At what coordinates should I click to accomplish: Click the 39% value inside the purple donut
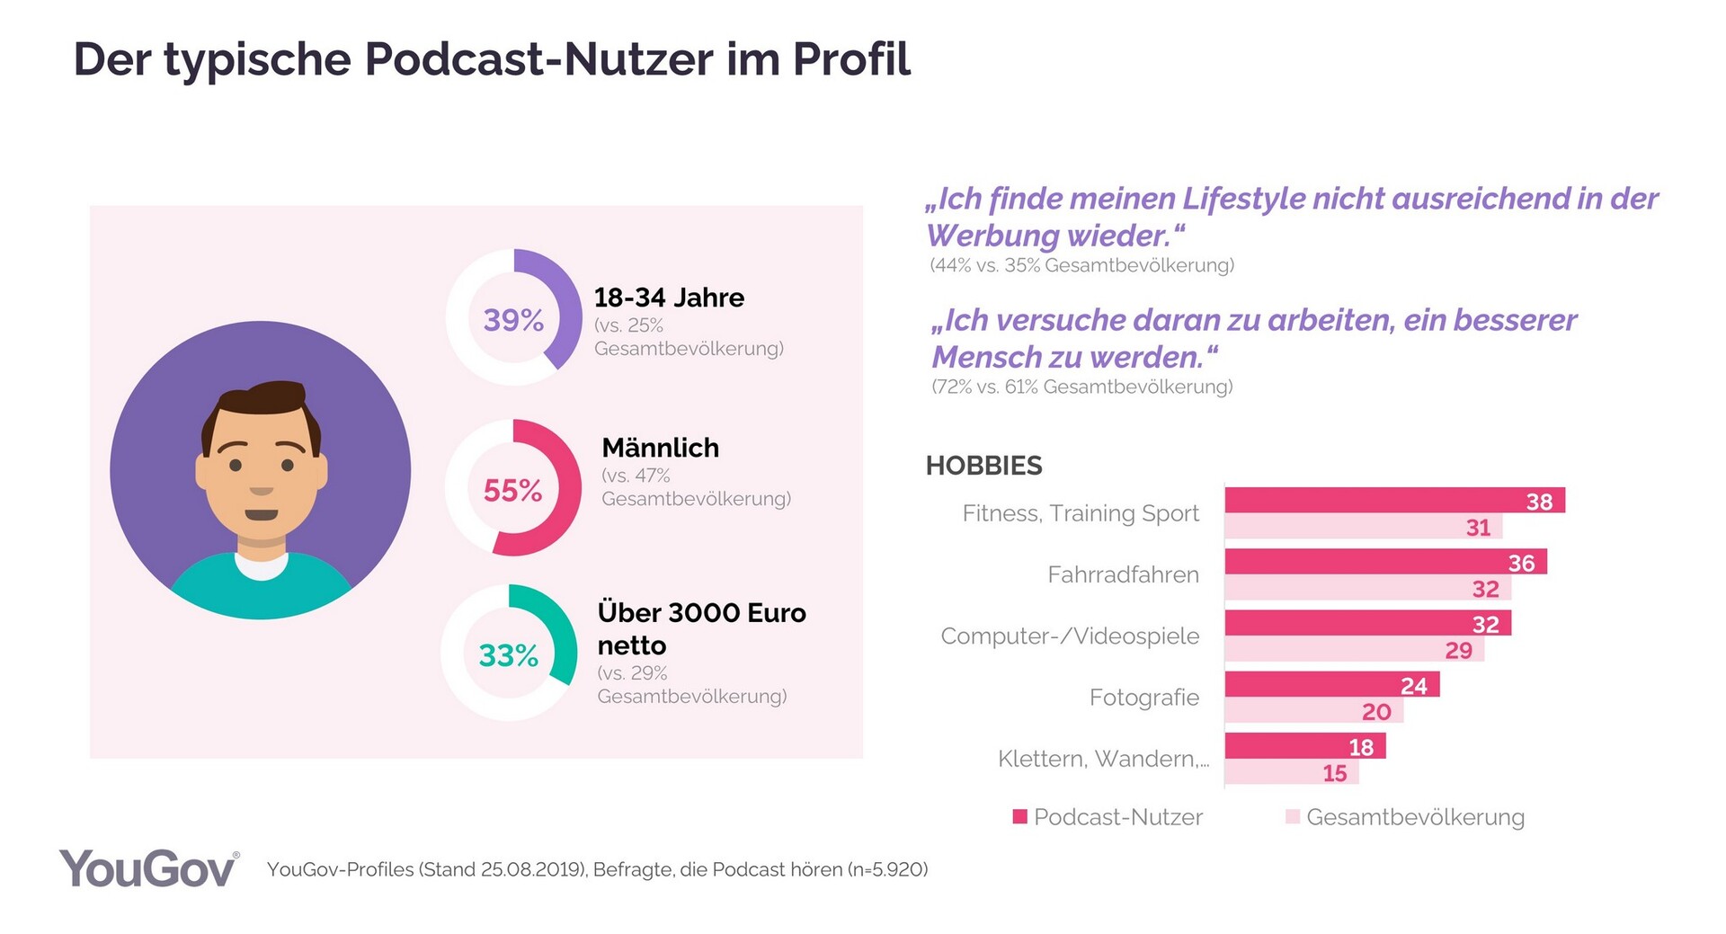pyautogui.click(x=513, y=319)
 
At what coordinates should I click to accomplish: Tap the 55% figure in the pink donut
pyautogui.click(x=512, y=490)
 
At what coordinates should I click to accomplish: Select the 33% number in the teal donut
pyautogui.click(x=508, y=655)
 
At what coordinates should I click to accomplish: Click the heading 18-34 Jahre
pyautogui.click(x=669, y=298)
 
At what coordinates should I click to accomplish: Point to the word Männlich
pyautogui.click(x=660, y=448)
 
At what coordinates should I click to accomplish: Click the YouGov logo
pyautogui.click(x=148, y=869)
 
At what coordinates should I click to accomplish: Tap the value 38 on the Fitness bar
pyautogui.click(x=1539, y=502)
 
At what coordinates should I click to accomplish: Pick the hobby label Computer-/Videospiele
pyautogui.click(x=1070, y=636)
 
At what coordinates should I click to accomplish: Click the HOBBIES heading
pyautogui.click(x=983, y=466)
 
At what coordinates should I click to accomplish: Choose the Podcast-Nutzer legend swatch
pyautogui.click(x=1019, y=816)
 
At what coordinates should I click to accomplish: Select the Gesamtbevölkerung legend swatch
pyautogui.click(x=1293, y=816)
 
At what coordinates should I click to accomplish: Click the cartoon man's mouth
pyautogui.click(x=262, y=515)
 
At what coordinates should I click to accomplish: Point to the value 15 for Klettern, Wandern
pyautogui.click(x=1334, y=773)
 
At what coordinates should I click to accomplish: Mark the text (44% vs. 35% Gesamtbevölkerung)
pyautogui.click(x=1081, y=265)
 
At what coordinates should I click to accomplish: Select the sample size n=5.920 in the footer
pyautogui.click(x=889, y=869)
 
